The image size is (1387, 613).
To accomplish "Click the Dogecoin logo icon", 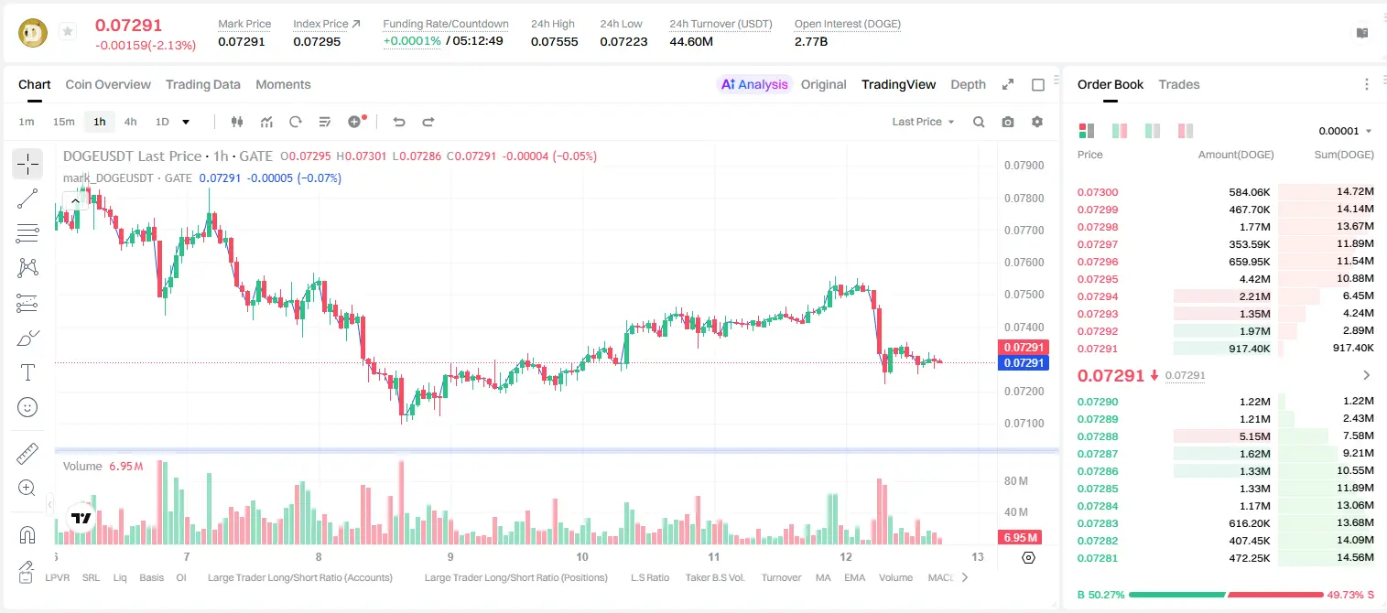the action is tap(33, 33).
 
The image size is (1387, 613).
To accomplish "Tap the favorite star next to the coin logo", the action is tap(68, 31).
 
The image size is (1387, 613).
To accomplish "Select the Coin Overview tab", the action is tap(108, 84).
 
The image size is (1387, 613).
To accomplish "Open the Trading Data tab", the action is tap(202, 84).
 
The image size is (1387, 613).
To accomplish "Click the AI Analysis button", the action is tap(754, 84).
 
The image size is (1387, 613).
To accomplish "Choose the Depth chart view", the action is tap(968, 84).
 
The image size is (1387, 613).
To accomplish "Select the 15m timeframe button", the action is tap(64, 122).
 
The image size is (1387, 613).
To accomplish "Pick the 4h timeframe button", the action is tap(130, 122).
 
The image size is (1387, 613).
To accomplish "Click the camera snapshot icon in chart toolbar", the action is tap(1008, 122).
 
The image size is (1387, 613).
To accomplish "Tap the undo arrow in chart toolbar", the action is tap(399, 122).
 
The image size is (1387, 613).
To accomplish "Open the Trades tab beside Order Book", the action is tap(1179, 84).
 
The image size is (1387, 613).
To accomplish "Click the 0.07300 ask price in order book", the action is tap(1098, 192).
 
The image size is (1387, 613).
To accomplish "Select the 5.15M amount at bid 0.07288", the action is tap(1254, 436).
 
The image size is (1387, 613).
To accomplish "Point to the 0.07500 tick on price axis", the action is tap(1024, 295).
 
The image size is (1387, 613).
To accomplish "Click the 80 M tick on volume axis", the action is tap(1016, 480).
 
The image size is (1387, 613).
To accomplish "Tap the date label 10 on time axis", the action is tap(582, 556).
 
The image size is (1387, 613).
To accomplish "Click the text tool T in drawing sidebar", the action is tap(27, 373).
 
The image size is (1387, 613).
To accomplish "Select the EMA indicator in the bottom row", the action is tap(854, 577).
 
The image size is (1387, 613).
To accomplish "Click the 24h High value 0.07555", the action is tap(554, 41).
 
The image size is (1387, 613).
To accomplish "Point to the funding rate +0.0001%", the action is tap(412, 41).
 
